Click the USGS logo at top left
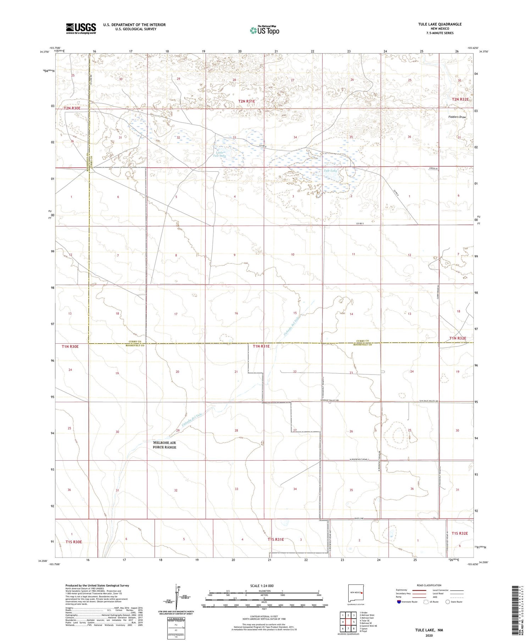coord(81,28)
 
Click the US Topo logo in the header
coord(265,31)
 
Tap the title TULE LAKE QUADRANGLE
coord(439,24)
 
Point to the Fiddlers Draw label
coord(457,117)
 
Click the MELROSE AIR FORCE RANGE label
coord(164,445)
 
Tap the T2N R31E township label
coord(246,101)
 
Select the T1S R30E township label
coord(74,542)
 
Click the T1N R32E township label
coord(458,338)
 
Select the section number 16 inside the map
coord(236,313)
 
